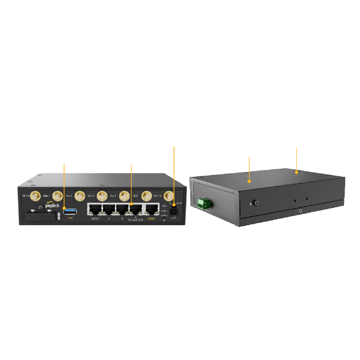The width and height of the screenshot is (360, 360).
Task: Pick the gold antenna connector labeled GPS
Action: point(124,196)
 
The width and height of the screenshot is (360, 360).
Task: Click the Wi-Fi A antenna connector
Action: point(35,196)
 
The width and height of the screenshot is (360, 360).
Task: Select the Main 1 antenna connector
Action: point(58,196)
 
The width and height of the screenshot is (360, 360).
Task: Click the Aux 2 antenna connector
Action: point(103,196)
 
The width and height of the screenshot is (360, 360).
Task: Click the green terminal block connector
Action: point(204,204)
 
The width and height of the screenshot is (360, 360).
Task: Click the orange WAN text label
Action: point(151,219)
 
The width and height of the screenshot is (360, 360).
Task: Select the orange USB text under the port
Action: point(70,218)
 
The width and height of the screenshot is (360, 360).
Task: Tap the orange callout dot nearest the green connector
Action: point(249,181)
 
